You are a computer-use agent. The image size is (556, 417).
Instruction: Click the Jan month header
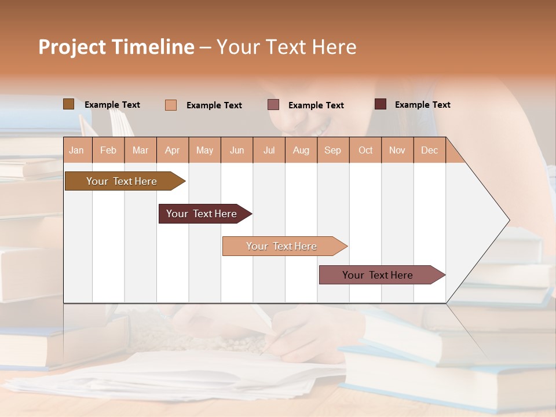pos(76,151)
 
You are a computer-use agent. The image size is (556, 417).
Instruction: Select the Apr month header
pos(173,151)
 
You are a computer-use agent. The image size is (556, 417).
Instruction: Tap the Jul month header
pos(269,151)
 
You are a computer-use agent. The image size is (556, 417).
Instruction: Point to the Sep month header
pos(333,151)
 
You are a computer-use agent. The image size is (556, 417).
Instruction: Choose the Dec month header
pos(429,151)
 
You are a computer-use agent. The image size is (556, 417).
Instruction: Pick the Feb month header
pos(108,151)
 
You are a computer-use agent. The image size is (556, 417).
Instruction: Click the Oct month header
pos(365,151)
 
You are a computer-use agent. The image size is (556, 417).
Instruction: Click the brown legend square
pos(69,104)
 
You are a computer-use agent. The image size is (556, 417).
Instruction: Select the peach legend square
pos(171,105)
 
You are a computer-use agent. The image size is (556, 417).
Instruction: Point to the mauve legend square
pos(273,105)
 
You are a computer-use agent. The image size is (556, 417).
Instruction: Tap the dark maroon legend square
pos(381,104)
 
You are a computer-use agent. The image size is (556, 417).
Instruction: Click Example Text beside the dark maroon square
pos(422,105)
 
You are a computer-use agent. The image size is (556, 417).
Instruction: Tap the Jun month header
pos(237,151)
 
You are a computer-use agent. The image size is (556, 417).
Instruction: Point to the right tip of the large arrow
pos(509,220)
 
